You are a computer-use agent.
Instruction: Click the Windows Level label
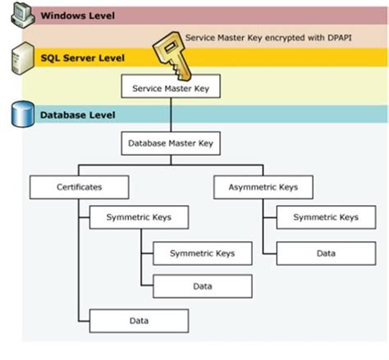(77, 16)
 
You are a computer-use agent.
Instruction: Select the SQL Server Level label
(85, 57)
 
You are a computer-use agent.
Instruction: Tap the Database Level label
(79, 115)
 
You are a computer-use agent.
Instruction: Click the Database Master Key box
(171, 144)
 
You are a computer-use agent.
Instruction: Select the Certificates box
(79, 187)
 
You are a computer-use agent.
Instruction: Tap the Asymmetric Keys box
(263, 187)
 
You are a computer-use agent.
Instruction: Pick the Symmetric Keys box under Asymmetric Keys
(325, 217)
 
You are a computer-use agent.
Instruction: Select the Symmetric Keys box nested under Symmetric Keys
(202, 253)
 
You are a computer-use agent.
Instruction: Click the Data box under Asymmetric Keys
(325, 253)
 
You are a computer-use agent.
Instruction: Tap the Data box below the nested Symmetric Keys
(202, 286)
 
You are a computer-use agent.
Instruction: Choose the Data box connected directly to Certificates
(139, 320)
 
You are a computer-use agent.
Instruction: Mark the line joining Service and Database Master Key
(171, 115)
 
